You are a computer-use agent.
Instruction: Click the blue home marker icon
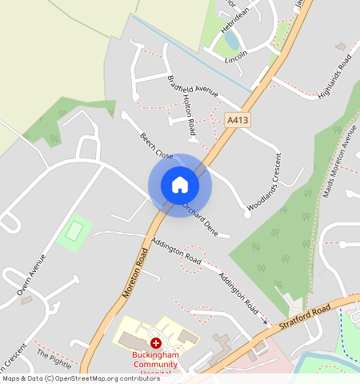[180, 185]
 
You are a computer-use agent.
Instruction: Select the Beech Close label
[157, 145]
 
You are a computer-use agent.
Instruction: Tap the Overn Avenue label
[30, 279]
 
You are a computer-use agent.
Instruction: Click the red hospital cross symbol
[155, 342]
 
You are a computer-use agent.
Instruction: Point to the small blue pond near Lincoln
[232, 38]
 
